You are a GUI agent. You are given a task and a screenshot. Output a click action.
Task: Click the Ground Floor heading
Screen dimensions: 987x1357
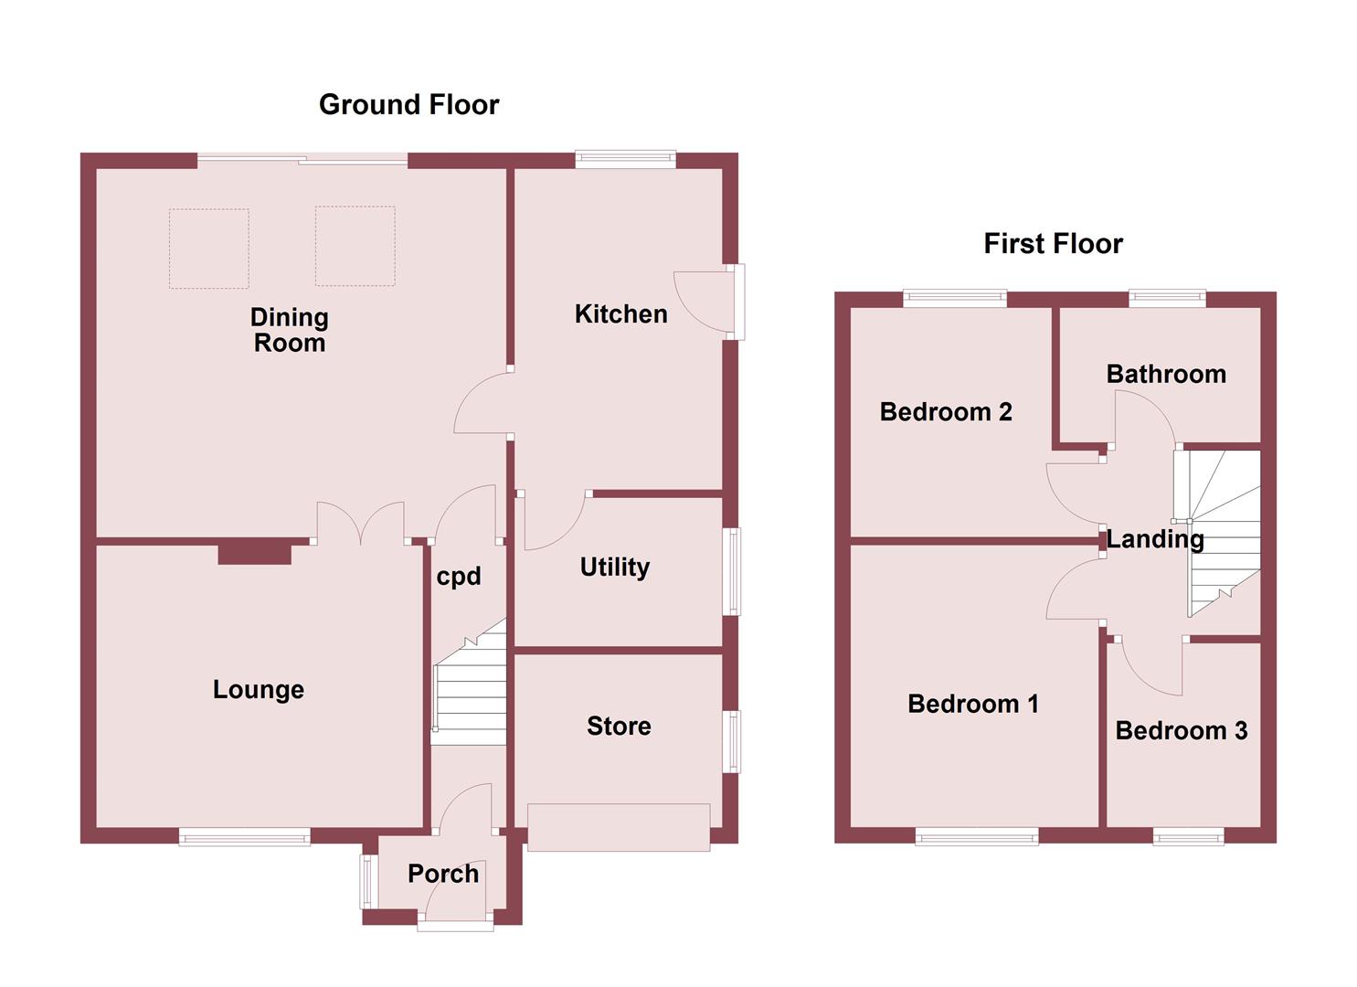point(408,105)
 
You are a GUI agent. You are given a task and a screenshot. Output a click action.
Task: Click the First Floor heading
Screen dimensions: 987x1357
point(1053,244)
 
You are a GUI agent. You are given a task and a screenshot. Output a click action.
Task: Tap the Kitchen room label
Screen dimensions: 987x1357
point(620,314)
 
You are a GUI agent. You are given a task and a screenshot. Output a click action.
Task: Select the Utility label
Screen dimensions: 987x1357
point(614,568)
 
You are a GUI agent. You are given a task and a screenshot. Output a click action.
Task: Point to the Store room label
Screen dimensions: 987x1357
point(619,727)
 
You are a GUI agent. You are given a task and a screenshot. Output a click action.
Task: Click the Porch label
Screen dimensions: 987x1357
point(443,875)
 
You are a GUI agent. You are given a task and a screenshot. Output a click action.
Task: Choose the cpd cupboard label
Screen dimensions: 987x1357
point(458,577)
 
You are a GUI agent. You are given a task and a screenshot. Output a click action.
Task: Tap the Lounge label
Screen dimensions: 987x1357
point(258,690)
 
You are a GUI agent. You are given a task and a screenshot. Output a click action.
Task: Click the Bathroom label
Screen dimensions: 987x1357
point(1166,374)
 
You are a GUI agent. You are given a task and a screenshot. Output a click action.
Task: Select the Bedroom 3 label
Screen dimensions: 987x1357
point(1181,731)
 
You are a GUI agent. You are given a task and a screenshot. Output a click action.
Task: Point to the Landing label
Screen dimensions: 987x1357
point(1155,539)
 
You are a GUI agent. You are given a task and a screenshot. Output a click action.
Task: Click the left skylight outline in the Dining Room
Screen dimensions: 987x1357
point(209,249)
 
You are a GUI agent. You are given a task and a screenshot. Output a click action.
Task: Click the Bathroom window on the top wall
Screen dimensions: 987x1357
point(1167,296)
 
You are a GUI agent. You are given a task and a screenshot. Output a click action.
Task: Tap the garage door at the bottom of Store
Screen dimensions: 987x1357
point(619,827)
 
